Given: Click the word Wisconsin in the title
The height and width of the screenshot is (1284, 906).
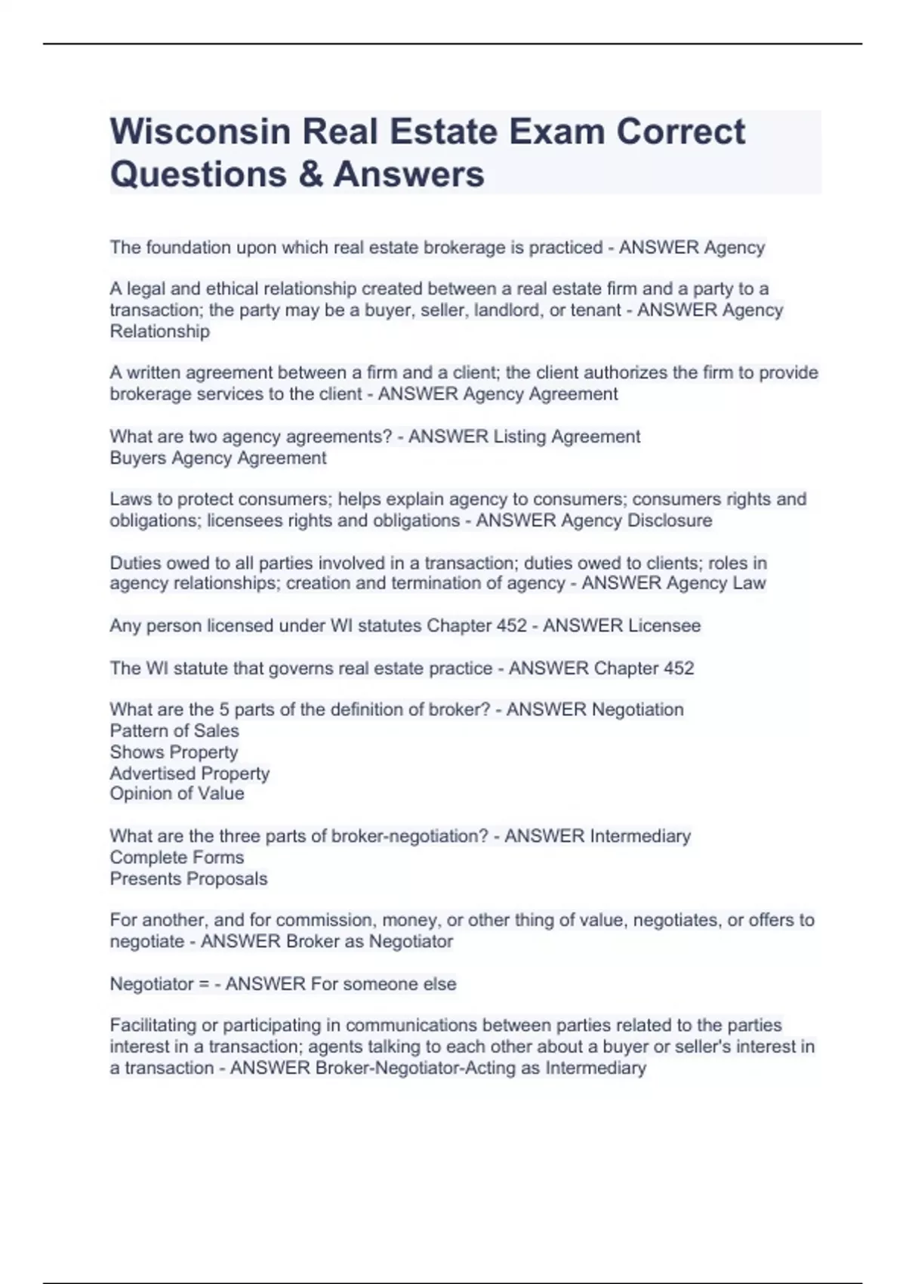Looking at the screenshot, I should (200, 132).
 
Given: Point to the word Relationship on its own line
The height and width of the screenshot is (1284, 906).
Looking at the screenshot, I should (159, 331).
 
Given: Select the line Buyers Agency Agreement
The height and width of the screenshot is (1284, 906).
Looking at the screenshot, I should (217, 458).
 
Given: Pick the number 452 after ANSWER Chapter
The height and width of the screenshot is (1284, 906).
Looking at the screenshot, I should (678, 668).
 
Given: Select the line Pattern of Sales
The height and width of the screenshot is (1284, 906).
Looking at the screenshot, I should (174, 730).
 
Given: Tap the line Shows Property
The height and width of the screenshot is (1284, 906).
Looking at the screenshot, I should (174, 752).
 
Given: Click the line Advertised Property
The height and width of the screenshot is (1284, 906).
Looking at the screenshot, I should (190, 773).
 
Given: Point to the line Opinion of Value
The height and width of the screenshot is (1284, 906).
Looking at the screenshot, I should (177, 793).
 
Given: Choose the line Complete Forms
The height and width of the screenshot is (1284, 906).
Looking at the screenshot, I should (177, 857).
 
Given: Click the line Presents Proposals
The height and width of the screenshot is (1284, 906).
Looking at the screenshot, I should (188, 878).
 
